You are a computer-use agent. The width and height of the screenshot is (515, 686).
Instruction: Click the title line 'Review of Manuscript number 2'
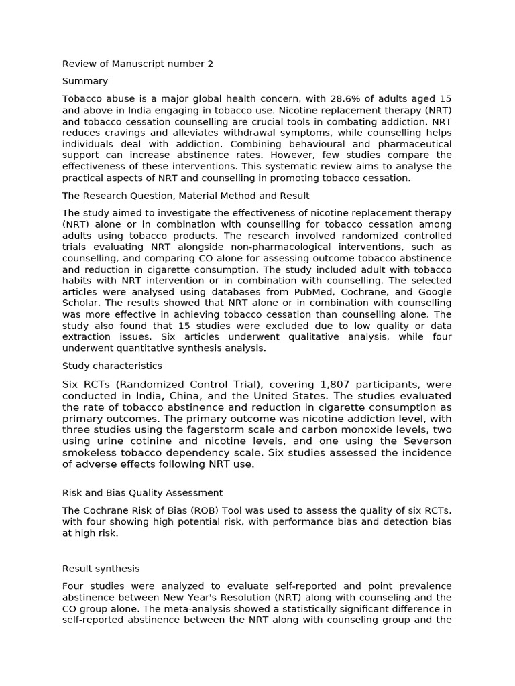tap(137, 64)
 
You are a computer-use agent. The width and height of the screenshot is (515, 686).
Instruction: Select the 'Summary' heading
tap(85, 81)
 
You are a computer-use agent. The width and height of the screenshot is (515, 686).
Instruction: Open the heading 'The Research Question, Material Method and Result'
tap(186, 196)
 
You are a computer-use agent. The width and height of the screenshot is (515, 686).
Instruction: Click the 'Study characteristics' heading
tap(112, 366)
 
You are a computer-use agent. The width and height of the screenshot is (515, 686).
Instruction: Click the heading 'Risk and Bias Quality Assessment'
tap(142, 493)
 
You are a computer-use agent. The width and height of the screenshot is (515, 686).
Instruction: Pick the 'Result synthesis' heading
tap(101, 568)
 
